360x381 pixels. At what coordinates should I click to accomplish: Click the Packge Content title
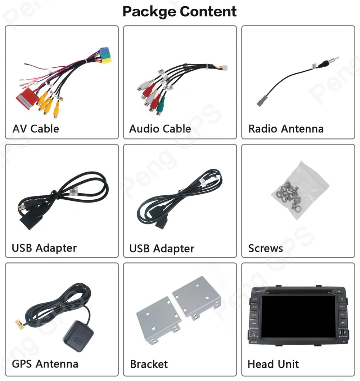(179, 12)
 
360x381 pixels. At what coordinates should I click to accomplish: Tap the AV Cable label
(36, 129)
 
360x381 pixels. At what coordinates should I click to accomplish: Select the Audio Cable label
(160, 129)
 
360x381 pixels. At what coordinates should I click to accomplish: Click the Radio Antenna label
(286, 129)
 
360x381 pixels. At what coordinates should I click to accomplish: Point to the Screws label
(265, 248)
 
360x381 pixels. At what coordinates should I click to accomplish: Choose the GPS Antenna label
(45, 364)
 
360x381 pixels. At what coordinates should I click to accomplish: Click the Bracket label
(149, 364)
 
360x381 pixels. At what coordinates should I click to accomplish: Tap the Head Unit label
(273, 364)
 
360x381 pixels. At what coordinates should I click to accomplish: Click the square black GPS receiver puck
(78, 336)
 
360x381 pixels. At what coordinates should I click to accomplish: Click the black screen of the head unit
(299, 316)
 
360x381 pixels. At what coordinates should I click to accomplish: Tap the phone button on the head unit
(342, 323)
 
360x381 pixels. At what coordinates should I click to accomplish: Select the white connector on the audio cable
(225, 67)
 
